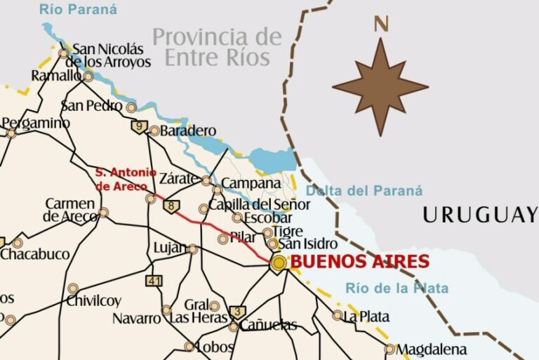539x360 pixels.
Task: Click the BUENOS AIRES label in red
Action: pos(359,262)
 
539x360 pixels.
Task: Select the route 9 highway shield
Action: pos(139,127)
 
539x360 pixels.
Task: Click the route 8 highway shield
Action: pos(171,206)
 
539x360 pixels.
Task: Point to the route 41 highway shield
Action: pos(154,281)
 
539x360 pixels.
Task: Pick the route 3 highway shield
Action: pos(238,312)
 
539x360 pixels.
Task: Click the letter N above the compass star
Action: pos(381,24)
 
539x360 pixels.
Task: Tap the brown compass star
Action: pos(380,87)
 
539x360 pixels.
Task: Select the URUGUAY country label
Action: pos(479,215)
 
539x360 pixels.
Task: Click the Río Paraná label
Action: pos(78,10)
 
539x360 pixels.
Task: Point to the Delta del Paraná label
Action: pos(364,190)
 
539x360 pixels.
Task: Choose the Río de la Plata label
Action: pos(397,288)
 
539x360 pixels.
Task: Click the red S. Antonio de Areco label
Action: pos(125,179)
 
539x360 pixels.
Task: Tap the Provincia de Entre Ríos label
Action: pos(217,46)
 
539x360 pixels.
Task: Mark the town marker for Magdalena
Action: pos(390,349)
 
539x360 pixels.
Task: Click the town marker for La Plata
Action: pos(338,315)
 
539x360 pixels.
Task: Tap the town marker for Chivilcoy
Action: pos(73,288)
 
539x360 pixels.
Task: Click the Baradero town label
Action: pos(188,131)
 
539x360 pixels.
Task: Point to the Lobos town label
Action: pos(215,347)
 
